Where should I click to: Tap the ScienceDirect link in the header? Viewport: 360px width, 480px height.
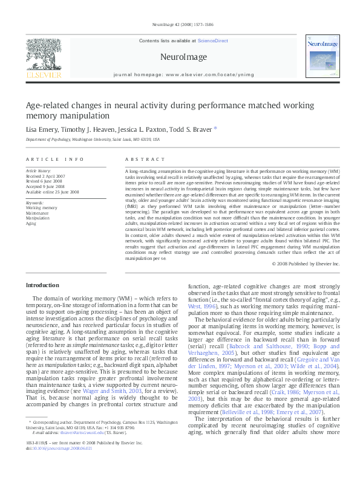[212, 40]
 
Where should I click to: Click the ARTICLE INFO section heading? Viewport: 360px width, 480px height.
[54, 159]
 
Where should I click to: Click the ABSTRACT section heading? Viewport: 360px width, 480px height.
[145, 159]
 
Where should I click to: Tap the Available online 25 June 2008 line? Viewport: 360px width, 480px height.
[52, 192]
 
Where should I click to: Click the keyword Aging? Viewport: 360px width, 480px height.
[31, 223]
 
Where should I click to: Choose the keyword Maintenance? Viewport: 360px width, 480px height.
[38, 213]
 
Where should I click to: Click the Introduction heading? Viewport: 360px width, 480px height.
[42, 285]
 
